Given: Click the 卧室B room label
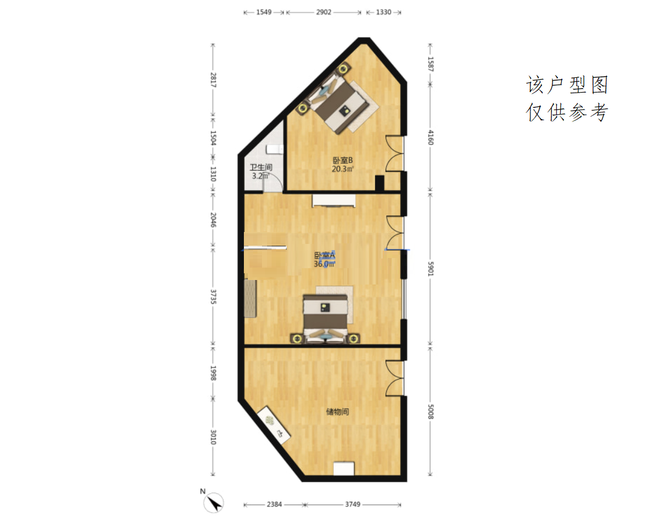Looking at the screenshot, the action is click(x=343, y=160).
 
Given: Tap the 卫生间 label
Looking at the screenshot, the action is click(x=261, y=167).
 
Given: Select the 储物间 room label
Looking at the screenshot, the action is click(x=338, y=412).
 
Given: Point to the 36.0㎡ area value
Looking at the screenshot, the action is click(x=324, y=264).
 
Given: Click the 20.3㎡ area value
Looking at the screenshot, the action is click(x=343, y=169).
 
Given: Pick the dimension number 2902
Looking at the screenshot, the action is click(x=324, y=12).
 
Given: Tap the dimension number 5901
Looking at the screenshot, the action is click(x=430, y=269).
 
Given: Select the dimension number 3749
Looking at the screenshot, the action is click(x=352, y=504).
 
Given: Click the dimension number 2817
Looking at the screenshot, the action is click(x=213, y=80).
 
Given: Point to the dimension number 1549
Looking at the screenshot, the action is click(x=263, y=12).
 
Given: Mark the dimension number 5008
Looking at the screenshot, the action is click(x=430, y=412).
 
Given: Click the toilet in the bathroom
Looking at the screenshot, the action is click(x=274, y=149).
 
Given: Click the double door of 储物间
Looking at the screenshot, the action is click(x=394, y=378).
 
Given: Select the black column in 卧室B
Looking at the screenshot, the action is click(x=379, y=183).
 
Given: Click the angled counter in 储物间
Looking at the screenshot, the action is click(x=273, y=425).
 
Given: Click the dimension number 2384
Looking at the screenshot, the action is click(x=274, y=504).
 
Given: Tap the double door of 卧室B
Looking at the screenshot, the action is click(x=394, y=153).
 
